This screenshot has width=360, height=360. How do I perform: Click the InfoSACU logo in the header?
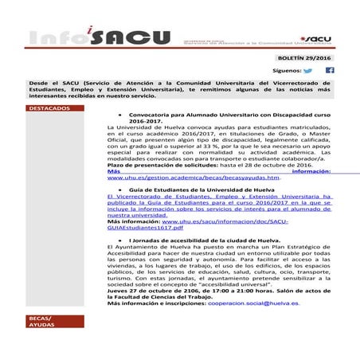coord(99,37)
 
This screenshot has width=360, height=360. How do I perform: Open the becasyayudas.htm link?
coord(194,179)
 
